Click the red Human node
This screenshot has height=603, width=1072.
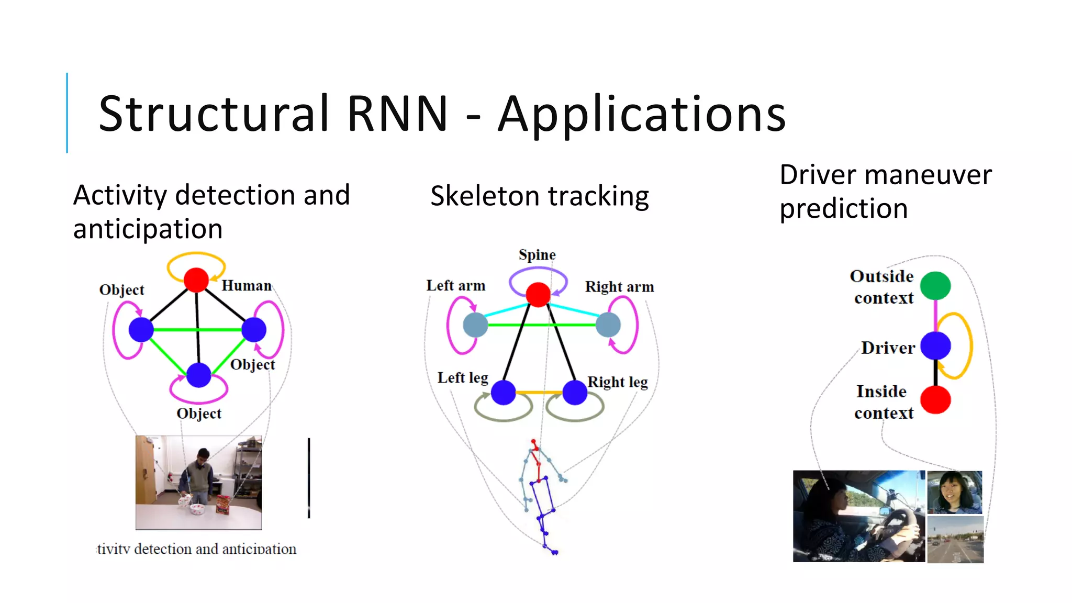(x=196, y=280)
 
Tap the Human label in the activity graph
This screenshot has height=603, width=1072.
(x=247, y=286)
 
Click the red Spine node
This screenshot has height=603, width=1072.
(x=538, y=294)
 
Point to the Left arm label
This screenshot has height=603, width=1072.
(x=455, y=286)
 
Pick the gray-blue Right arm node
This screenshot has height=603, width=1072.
(x=608, y=325)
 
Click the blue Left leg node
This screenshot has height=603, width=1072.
(x=504, y=393)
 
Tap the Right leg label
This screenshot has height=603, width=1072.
(x=618, y=382)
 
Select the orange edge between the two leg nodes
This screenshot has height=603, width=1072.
(x=539, y=392)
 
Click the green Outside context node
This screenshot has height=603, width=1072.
(x=935, y=286)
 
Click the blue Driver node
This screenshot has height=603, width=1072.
(x=935, y=346)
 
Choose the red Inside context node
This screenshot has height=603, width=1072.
(x=935, y=400)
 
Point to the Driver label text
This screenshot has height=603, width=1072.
(x=888, y=348)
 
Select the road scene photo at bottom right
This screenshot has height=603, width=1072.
(x=955, y=540)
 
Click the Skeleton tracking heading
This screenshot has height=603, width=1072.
(x=539, y=196)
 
